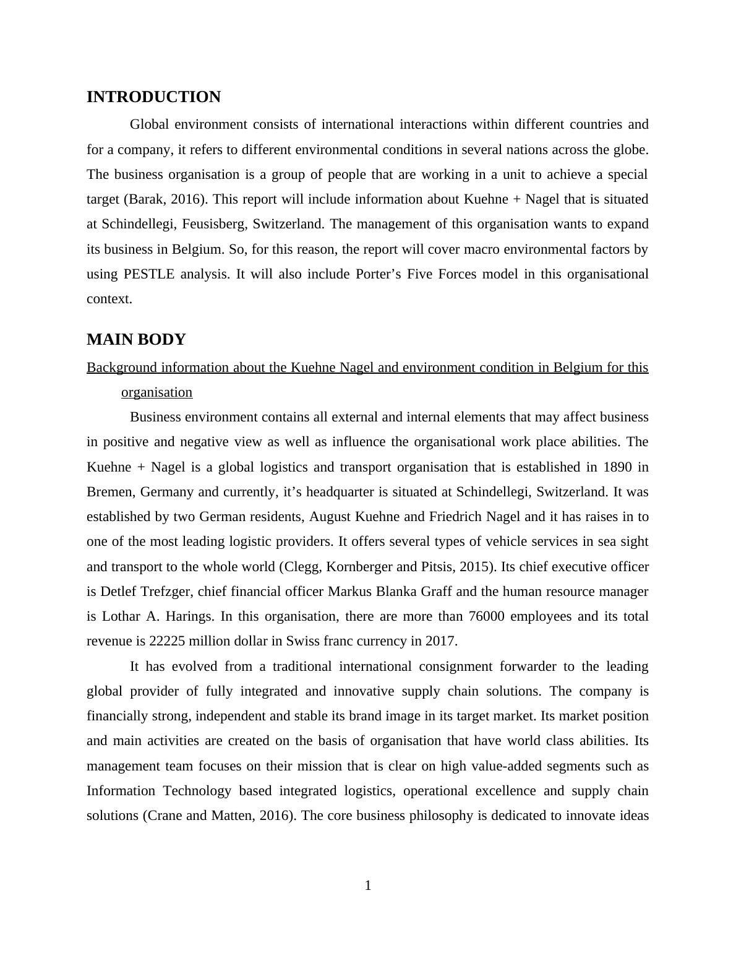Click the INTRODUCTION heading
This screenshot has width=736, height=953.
153,97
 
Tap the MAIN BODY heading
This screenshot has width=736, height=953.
136,340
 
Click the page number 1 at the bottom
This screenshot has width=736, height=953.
368,886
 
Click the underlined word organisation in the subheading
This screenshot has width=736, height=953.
156,392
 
